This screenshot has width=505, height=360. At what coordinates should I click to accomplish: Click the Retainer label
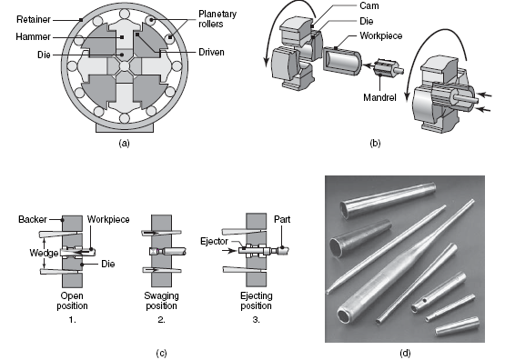34,20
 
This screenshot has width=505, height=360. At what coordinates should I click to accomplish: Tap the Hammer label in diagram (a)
33,37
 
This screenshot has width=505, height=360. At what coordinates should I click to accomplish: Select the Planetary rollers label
217,19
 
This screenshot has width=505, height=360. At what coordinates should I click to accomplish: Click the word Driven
211,52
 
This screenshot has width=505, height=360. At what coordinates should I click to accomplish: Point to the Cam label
369,5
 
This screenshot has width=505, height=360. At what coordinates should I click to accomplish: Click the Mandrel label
379,97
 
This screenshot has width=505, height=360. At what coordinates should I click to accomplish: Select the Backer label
33,219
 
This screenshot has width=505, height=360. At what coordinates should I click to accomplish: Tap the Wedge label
44,253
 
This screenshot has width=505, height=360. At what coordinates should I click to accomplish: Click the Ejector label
214,241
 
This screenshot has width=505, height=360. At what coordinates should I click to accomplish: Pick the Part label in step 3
282,219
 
